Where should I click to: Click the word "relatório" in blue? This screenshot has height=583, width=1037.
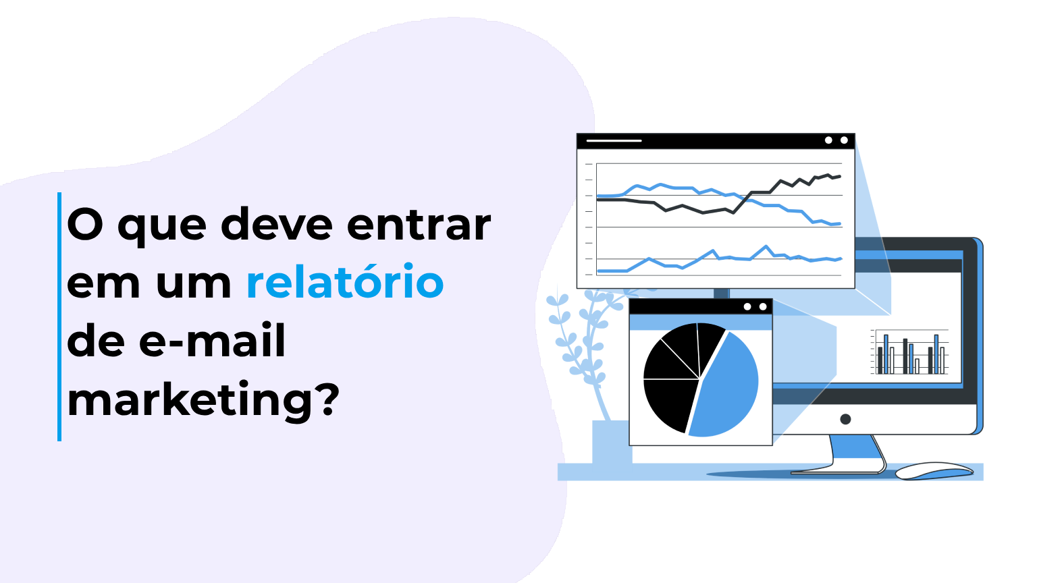(345, 283)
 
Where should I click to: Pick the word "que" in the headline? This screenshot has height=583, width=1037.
(162, 227)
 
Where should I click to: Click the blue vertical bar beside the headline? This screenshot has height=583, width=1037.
(59, 316)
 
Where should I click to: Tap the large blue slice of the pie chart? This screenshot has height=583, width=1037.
(726, 388)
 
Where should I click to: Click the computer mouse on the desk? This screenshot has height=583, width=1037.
(934, 470)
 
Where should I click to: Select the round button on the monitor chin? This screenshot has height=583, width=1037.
(845, 419)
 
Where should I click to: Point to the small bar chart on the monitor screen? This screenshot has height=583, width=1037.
(911, 352)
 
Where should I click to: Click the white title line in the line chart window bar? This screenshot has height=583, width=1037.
(614, 140)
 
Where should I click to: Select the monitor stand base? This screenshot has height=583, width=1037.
(837, 470)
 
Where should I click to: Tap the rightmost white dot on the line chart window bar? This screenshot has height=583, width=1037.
(844, 140)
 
